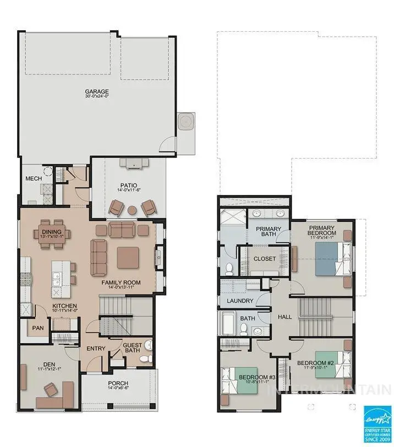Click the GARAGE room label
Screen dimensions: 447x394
click(96, 92)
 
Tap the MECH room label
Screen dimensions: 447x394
click(34, 178)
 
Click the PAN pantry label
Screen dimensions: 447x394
click(37, 328)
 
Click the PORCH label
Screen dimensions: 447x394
click(118, 383)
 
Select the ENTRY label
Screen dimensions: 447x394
click(96, 348)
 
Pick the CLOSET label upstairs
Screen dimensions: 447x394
click(264, 259)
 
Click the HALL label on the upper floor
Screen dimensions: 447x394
click(285, 317)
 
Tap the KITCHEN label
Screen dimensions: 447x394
click(64, 305)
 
